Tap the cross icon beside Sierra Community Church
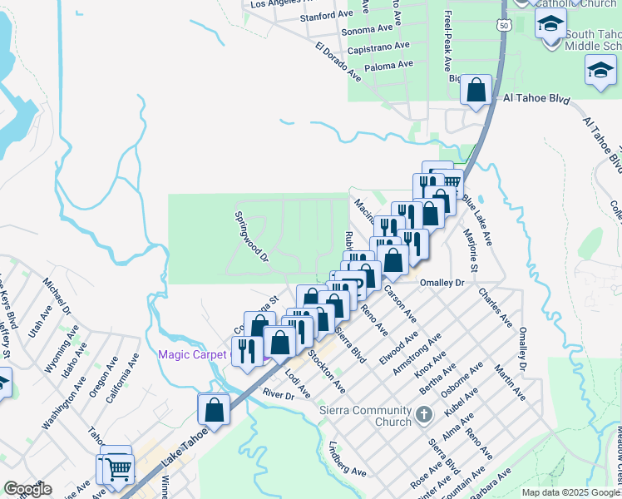(x=424, y=413)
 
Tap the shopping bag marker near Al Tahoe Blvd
(x=476, y=91)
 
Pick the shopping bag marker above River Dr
(x=214, y=410)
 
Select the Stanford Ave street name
(x=327, y=16)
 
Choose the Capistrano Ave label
(x=378, y=47)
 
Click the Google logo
(x=27, y=489)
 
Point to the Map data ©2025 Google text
(x=570, y=492)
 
